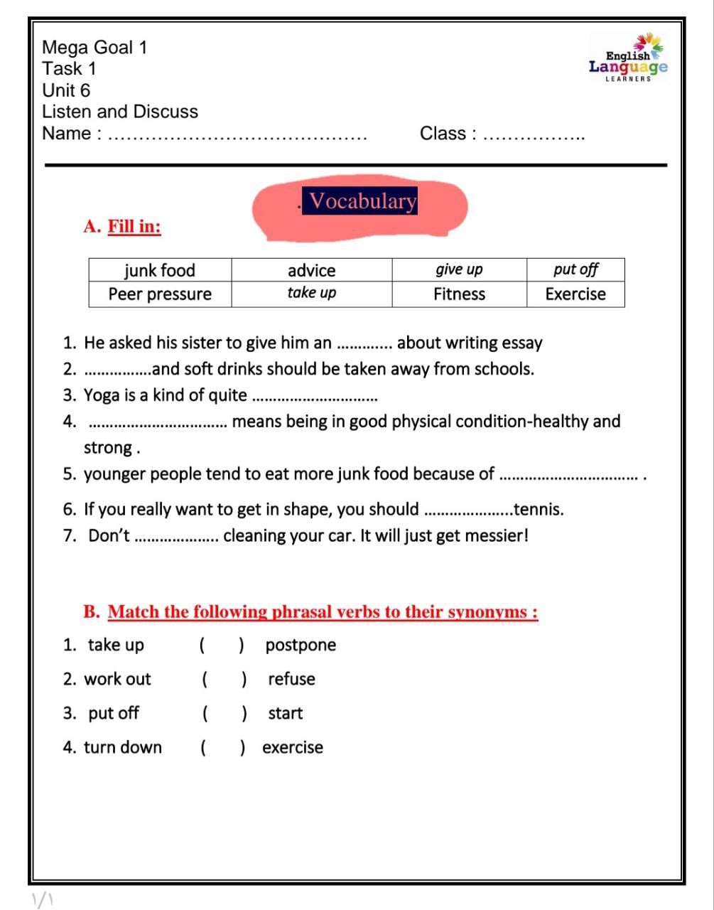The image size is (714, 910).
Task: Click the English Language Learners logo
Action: pyautogui.click(x=628, y=58)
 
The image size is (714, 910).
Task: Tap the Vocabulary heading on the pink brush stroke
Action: pyautogui.click(x=362, y=201)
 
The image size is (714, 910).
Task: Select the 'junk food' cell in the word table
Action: pyautogui.click(x=160, y=270)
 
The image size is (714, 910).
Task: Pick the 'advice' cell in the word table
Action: pyautogui.click(x=311, y=270)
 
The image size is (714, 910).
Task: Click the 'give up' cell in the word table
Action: pyautogui.click(x=459, y=269)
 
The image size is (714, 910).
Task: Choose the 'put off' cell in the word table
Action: pyautogui.click(x=575, y=269)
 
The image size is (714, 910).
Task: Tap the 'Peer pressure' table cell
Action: pyautogui.click(x=160, y=294)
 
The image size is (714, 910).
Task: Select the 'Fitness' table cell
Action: pyautogui.click(x=459, y=294)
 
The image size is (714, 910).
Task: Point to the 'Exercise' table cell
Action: pyautogui.click(x=575, y=294)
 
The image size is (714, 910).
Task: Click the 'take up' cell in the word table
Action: pyautogui.click(x=311, y=293)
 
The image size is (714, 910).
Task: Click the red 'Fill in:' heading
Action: pyautogui.click(x=134, y=227)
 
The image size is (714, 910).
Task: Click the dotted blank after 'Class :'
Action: pyautogui.click(x=534, y=135)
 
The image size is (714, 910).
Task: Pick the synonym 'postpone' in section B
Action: pyautogui.click(x=301, y=646)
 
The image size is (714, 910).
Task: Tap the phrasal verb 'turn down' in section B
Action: pyautogui.click(x=123, y=748)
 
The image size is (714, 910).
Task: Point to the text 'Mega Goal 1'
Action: pyautogui.click(x=94, y=48)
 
